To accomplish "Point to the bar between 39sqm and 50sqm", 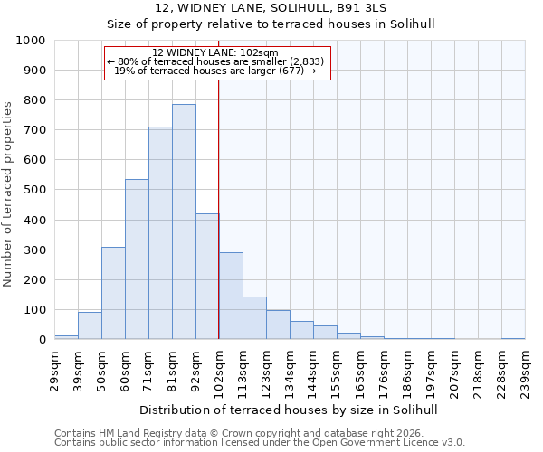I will (x=90, y=325).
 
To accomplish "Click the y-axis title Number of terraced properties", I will (x=9, y=193).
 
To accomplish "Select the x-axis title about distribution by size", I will (x=290, y=410).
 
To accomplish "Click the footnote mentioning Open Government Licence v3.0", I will (x=260, y=443).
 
